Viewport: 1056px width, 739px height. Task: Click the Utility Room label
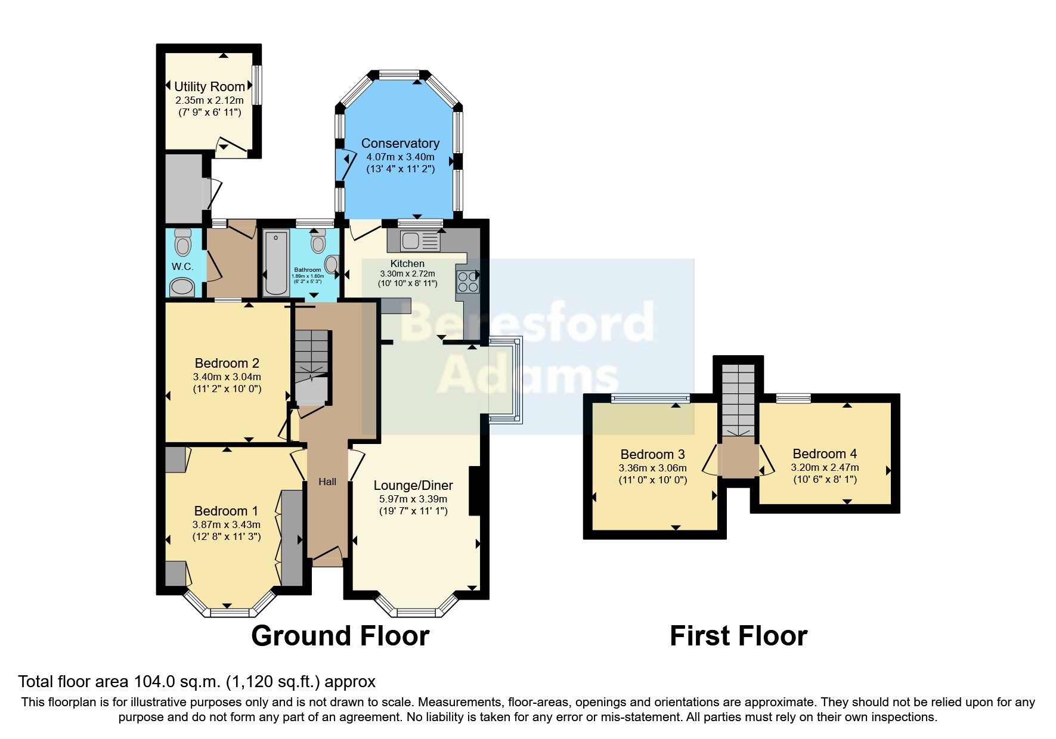click(x=209, y=87)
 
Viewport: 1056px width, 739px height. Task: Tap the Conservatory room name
click(x=400, y=144)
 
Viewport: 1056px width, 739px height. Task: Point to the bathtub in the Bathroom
click(x=276, y=263)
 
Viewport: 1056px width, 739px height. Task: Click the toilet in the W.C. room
click(x=182, y=243)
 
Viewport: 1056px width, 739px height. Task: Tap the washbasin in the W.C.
click(x=182, y=288)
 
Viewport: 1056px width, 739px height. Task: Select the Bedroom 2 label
click(x=227, y=364)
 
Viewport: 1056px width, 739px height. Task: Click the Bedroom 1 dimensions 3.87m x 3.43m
click(x=226, y=525)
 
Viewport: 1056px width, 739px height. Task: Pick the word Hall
click(x=327, y=482)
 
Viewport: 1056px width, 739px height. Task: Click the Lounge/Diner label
click(x=413, y=486)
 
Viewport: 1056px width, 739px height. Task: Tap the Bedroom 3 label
click(x=652, y=455)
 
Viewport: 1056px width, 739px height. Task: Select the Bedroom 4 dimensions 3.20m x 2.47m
click(x=825, y=468)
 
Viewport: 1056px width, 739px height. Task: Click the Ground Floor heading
click(x=340, y=636)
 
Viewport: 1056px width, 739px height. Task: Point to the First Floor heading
click(x=739, y=636)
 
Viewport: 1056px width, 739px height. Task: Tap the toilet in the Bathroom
click(x=318, y=241)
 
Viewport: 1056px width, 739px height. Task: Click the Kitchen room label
click(x=407, y=263)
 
